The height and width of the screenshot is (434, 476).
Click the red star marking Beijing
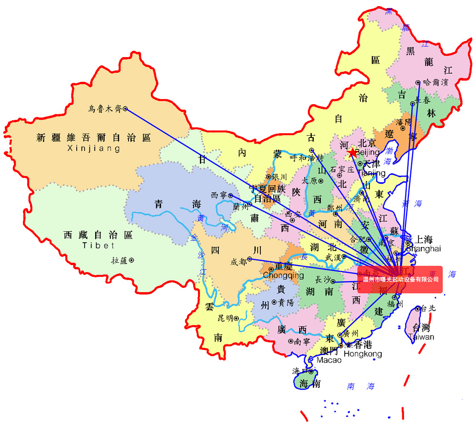coord(352,153)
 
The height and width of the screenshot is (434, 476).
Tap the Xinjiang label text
coord(94,148)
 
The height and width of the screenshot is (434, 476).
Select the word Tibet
coord(99,246)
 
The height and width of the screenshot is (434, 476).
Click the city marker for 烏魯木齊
coord(125,108)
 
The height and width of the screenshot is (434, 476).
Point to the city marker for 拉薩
coord(131,260)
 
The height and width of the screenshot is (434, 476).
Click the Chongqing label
coord(283,276)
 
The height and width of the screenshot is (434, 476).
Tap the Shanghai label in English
coord(423,248)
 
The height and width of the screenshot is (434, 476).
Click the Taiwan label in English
coord(421,337)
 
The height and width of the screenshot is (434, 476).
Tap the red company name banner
coord(400,280)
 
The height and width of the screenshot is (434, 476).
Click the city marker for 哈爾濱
coord(418,82)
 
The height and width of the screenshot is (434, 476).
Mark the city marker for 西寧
coord(230,195)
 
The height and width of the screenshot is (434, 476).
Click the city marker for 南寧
coord(291,341)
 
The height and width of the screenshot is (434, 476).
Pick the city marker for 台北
coord(418,308)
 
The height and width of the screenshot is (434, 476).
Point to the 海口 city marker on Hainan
coord(311,371)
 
